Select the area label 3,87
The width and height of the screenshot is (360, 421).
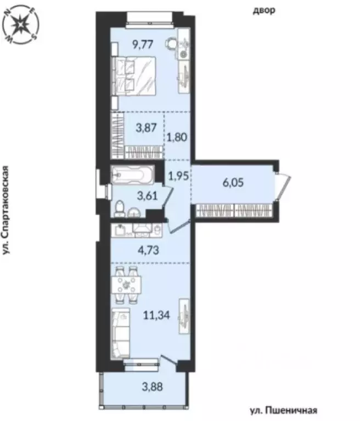point(144,127)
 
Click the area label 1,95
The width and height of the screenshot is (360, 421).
point(177,177)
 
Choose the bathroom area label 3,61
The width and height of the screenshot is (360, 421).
point(135,194)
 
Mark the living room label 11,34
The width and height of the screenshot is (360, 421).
point(156,316)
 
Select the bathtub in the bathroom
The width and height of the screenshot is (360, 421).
point(132,175)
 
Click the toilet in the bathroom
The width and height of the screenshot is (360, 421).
point(120,208)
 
